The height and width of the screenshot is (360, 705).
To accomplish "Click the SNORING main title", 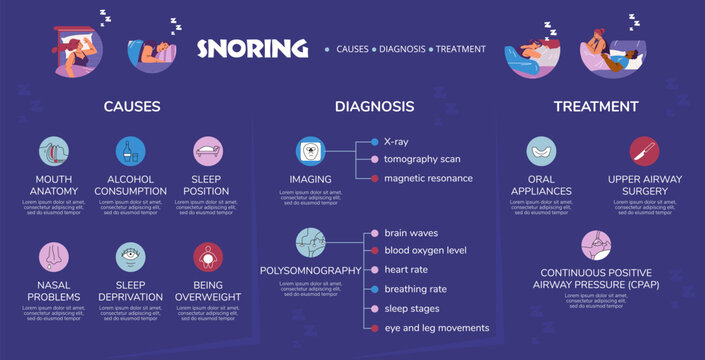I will click(x=252, y=48).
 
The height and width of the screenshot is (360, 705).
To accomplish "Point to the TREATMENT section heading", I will click(x=596, y=106).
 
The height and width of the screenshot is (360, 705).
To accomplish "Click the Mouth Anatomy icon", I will click(x=54, y=151).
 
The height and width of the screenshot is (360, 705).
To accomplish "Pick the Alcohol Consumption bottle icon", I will click(x=131, y=151).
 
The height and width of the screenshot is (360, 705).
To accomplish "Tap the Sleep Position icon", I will click(x=208, y=151).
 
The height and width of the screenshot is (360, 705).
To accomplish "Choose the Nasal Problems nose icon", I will click(x=54, y=257).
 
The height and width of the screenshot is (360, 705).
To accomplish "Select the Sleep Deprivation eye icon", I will click(x=131, y=257).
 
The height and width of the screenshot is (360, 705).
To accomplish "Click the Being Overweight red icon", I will click(x=208, y=257).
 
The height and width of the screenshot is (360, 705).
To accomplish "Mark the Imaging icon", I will click(x=310, y=151).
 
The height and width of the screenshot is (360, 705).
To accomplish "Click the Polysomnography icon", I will click(x=310, y=243).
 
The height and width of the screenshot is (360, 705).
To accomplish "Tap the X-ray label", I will click(x=396, y=142).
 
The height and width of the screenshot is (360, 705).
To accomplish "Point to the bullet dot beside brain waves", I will click(x=374, y=233).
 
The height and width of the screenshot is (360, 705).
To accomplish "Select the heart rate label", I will click(x=408, y=270).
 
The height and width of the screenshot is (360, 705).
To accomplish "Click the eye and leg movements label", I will click(x=436, y=327).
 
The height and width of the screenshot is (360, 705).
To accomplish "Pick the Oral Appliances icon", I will click(x=542, y=151).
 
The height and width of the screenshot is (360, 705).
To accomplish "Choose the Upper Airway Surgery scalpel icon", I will click(x=644, y=151).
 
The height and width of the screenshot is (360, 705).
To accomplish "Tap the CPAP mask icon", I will click(x=596, y=245).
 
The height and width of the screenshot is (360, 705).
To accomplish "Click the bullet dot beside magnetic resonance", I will click(x=374, y=178).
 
